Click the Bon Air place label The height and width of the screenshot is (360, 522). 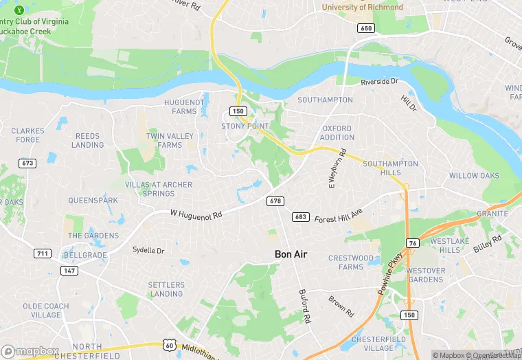pos(291,254)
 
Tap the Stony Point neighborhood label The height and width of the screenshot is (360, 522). pos(245,126)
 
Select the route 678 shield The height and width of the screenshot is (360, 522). pos(275,201)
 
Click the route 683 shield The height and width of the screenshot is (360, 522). pos(299,217)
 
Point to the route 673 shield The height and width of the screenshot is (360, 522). pos(27,164)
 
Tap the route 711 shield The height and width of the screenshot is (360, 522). pos(43,254)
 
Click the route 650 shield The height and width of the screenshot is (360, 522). pos(365,28)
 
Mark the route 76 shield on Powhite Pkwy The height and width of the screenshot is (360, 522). pos(412,243)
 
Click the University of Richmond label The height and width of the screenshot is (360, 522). pos(363,7)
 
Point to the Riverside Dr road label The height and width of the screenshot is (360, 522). pos(380,81)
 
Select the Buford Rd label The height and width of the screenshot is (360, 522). pos(305,306)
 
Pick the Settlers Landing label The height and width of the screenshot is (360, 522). pos(166,289)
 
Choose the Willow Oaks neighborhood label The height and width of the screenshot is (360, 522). pos(474,176)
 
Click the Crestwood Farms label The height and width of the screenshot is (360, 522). pos(350,262)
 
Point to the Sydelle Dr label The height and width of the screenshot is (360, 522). pos(148,251)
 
